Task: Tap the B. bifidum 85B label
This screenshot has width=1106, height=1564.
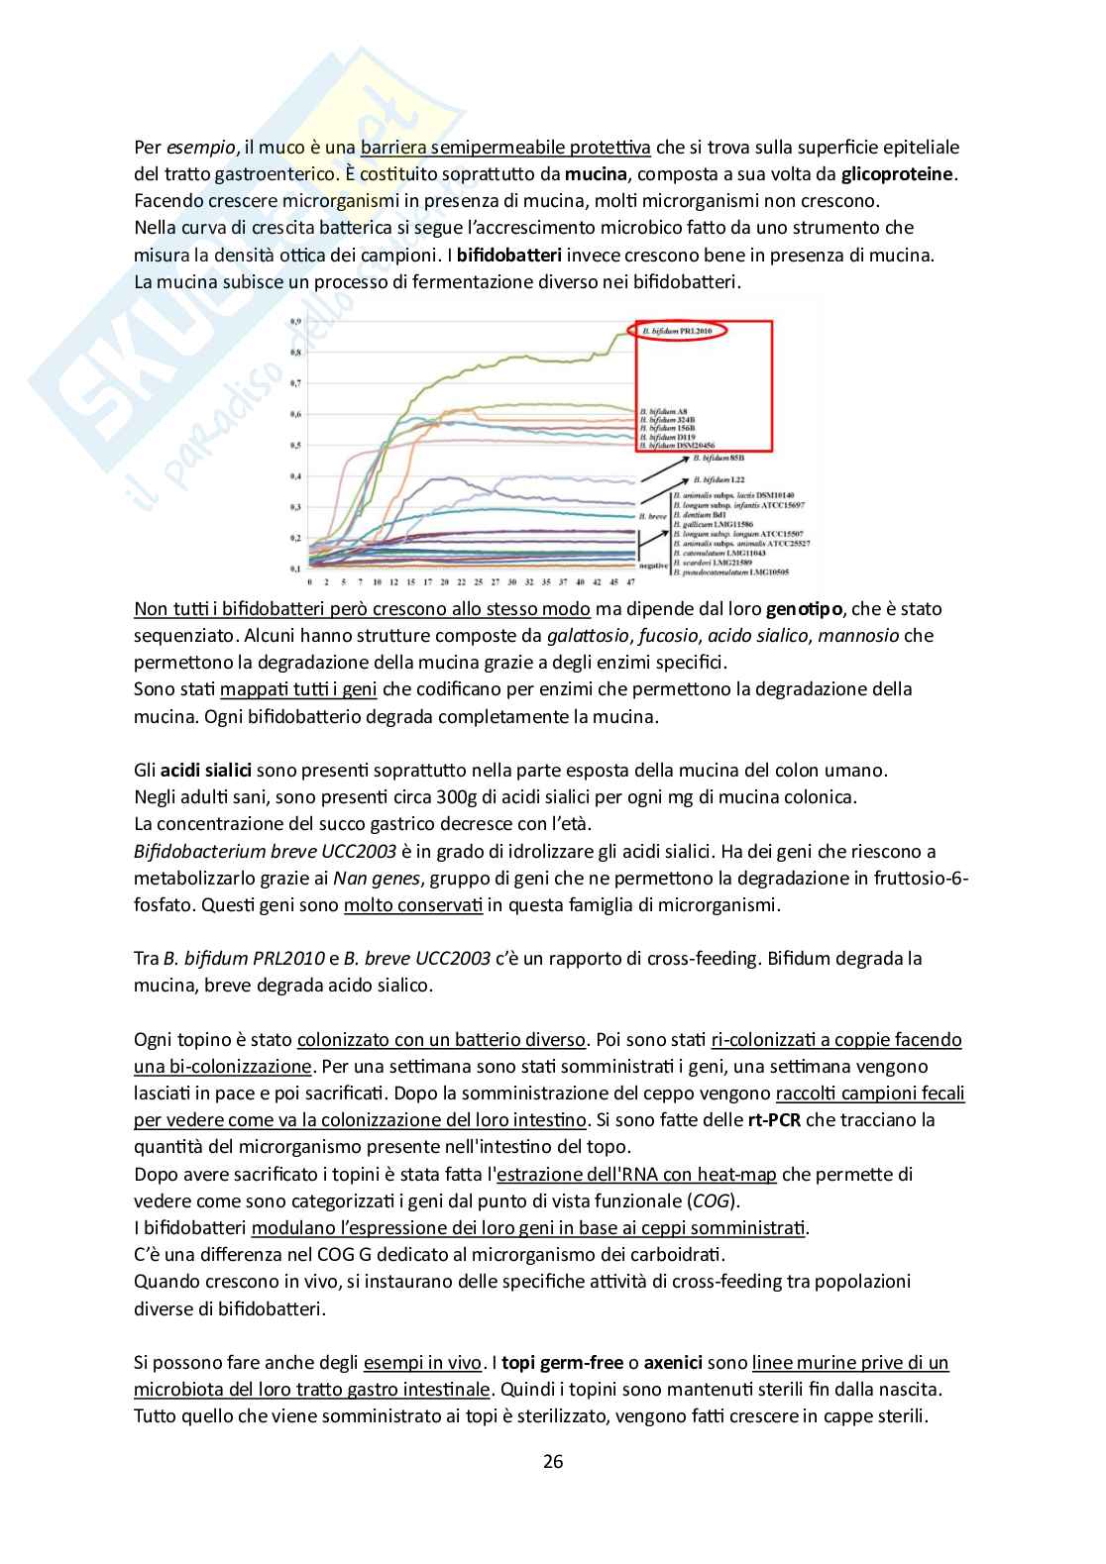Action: (x=709, y=460)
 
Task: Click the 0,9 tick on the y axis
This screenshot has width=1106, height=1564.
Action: (x=293, y=322)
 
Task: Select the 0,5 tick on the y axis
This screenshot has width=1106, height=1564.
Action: (x=293, y=446)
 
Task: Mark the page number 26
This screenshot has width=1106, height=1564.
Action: (x=553, y=1461)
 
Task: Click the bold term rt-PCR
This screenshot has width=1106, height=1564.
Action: (x=775, y=1120)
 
